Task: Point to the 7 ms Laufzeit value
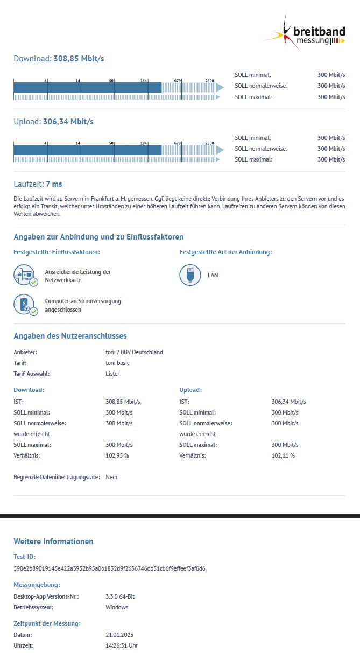[54, 184]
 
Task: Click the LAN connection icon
[189, 275]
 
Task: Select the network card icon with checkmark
[24, 275]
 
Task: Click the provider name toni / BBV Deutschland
[134, 352]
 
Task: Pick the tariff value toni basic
[117, 363]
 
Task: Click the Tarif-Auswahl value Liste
[111, 374]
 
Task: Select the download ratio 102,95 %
[117, 455]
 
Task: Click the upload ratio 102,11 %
[283, 455]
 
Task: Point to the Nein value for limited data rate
[111, 477]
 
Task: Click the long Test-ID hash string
[109, 568]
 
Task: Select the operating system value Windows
[117, 607]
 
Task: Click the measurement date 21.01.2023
[119, 634]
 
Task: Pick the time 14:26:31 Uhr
[122, 645]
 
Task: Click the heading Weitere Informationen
[53, 542]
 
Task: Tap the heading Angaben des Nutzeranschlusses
[70, 336]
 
